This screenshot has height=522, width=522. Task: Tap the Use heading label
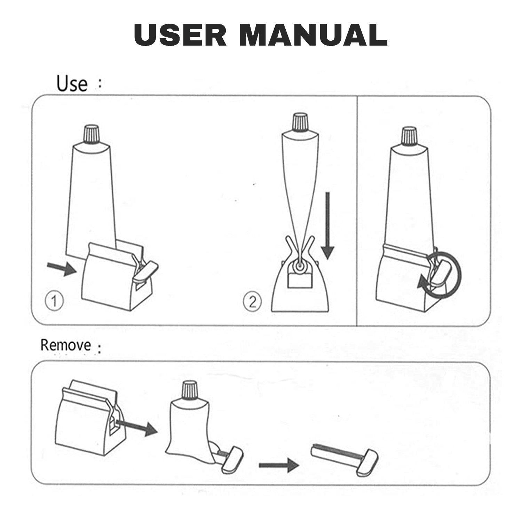(x=72, y=84)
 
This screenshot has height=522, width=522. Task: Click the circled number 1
(x=54, y=301)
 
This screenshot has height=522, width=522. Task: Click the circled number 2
(x=252, y=301)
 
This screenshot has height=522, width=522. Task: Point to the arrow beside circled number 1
(x=62, y=269)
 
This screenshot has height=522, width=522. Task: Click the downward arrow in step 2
(x=327, y=226)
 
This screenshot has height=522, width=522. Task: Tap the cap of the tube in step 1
(x=92, y=134)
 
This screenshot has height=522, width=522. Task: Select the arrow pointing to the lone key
(x=279, y=465)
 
